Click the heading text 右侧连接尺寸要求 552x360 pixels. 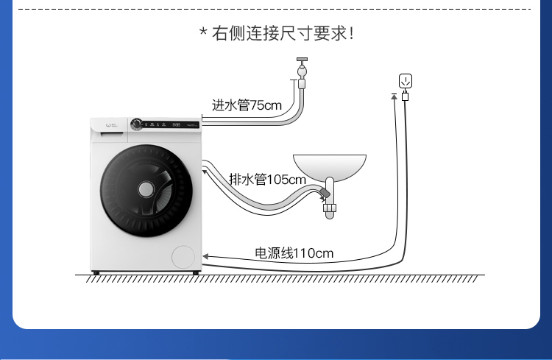(x=283, y=34)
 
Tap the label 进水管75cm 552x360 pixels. (x=247, y=105)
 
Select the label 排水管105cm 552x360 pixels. (x=267, y=179)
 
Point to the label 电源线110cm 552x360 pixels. (x=294, y=253)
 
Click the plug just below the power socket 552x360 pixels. (x=405, y=96)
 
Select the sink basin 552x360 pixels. (x=330, y=166)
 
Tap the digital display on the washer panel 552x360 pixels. (x=177, y=124)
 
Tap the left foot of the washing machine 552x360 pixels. (x=96, y=274)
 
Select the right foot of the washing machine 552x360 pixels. (x=195, y=274)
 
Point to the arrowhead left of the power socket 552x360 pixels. (x=394, y=95)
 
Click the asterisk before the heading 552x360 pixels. (x=203, y=32)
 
